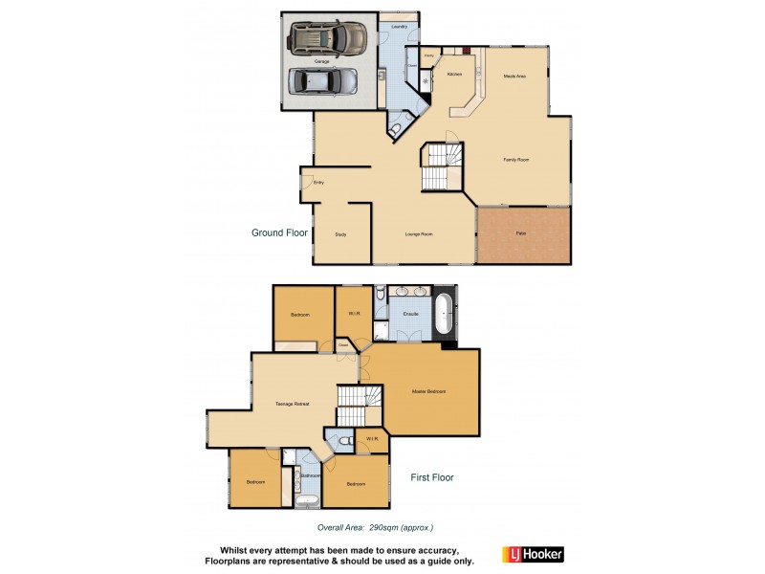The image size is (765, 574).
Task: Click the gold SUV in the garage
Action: click(330, 37)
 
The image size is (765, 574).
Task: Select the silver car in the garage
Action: click(323, 80)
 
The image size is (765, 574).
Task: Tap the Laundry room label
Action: click(400, 26)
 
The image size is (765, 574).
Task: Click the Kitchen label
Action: click(454, 74)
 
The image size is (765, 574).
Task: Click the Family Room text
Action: click(516, 160)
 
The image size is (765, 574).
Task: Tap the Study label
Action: click(340, 233)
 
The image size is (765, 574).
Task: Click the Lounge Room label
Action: click(421, 233)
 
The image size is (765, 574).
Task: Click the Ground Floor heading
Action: click(279, 232)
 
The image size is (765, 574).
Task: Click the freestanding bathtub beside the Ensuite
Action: click(446, 314)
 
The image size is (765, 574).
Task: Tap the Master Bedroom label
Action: click(429, 391)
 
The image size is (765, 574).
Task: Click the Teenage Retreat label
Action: click(292, 404)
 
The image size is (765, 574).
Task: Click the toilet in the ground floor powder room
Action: click(396, 128)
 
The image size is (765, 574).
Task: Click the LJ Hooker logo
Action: click(533, 554)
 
